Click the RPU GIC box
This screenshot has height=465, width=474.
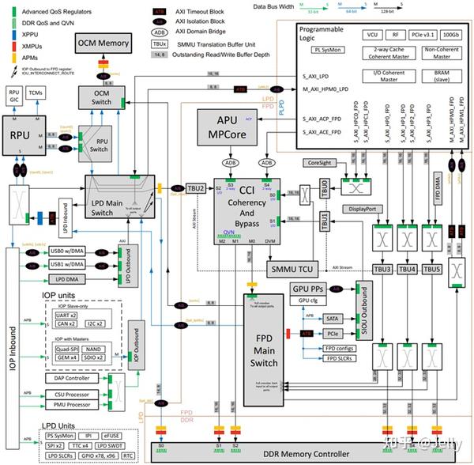click(13, 95)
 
